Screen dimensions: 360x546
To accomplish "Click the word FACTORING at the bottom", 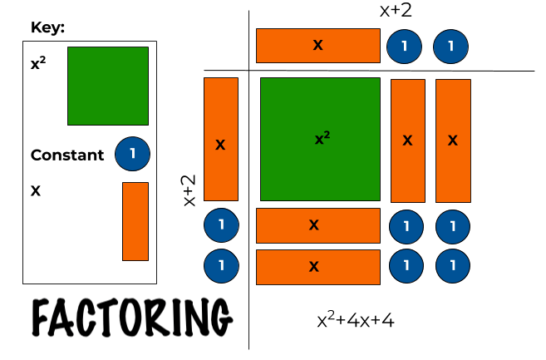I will pyautogui.click(x=131, y=317).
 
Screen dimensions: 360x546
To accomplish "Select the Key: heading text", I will pyautogui.click(x=47, y=28).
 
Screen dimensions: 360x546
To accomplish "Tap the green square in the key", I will pyautogui.click(x=108, y=86).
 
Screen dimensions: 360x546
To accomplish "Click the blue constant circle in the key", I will pyautogui.click(x=132, y=154).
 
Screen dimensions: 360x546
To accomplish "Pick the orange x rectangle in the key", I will pyautogui.click(x=135, y=221).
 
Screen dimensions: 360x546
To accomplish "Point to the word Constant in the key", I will pyautogui.click(x=67, y=155).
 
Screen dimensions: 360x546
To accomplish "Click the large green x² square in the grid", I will pyautogui.click(x=320, y=139).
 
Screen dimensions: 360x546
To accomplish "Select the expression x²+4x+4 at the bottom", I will pyautogui.click(x=355, y=320).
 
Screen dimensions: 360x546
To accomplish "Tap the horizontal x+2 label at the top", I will pyautogui.click(x=396, y=11).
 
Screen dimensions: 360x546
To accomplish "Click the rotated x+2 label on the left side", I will pyautogui.click(x=189, y=190).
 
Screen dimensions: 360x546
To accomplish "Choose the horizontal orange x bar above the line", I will pyautogui.click(x=317, y=46).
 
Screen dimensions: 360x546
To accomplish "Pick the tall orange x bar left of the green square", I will pyautogui.click(x=220, y=139).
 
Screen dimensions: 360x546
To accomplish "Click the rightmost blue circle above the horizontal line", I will pyautogui.click(x=450, y=46).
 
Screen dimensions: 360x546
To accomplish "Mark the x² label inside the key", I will pyautogui.click(x=37, y=62).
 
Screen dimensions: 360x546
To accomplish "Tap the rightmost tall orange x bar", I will pyautogui.click(x=453, y=141).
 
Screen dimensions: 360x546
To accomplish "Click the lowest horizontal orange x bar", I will pyautogui.click(x=317, y=267).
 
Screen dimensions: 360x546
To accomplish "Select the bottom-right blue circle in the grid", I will pyautogui.click(x=453, y=267).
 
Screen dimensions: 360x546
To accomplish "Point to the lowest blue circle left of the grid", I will pyautogui.click(x=221, y=267).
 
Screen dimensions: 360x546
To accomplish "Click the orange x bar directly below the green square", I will pyautogui.click(x=317, y=224).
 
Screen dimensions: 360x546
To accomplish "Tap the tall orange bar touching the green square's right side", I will pyautogui.click(x=407, y=141).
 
